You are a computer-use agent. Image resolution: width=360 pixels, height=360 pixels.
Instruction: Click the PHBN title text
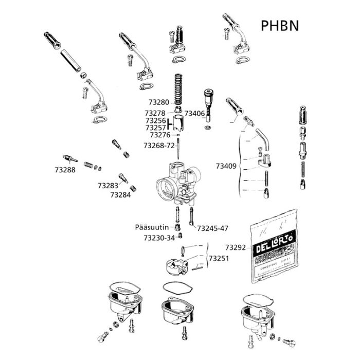[280, 26]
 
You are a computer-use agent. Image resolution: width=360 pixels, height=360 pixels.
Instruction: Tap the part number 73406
[194, 113]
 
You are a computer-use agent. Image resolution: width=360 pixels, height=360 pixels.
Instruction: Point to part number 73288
[65, 169]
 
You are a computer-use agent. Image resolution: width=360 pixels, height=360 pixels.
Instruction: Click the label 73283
[108, 185]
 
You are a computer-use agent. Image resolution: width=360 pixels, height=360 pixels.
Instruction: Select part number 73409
[226, 166]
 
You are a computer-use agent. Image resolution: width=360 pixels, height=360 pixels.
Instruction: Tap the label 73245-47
[212, 228]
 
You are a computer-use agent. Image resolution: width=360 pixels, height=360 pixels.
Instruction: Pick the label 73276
[160, 135]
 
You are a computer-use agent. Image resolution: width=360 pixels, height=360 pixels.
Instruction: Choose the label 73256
[155, 120]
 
